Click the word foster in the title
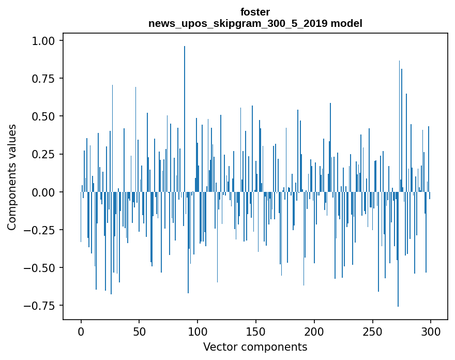(x=255, y=12)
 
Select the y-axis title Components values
(x=12, y=177)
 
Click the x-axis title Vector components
(x=255, y=347)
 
